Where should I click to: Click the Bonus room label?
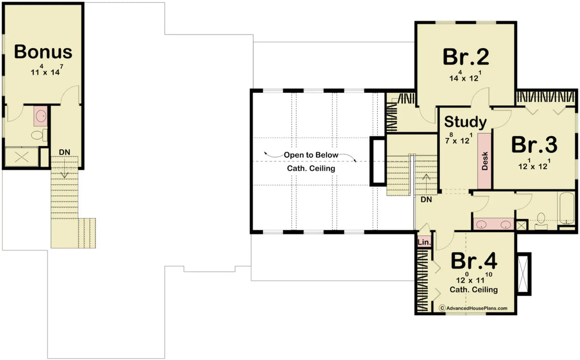[43, 52]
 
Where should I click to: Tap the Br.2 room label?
[466, 57]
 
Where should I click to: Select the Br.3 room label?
[534, 145]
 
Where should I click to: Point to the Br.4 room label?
[474, 262]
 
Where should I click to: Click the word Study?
[464, 122]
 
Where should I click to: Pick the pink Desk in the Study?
[485, 161]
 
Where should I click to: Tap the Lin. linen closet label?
[424, 242]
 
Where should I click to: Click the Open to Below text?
[311, 155]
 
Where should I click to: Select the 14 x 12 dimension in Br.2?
[465, 77]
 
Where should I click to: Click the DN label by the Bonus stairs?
[65, 152]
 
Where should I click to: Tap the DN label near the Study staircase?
[427, 199]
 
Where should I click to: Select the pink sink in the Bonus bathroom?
[41, 117]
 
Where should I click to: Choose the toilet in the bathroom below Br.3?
[540, 219]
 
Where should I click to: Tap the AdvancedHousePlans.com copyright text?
[474, 308]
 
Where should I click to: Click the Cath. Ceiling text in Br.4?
[474, 290]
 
